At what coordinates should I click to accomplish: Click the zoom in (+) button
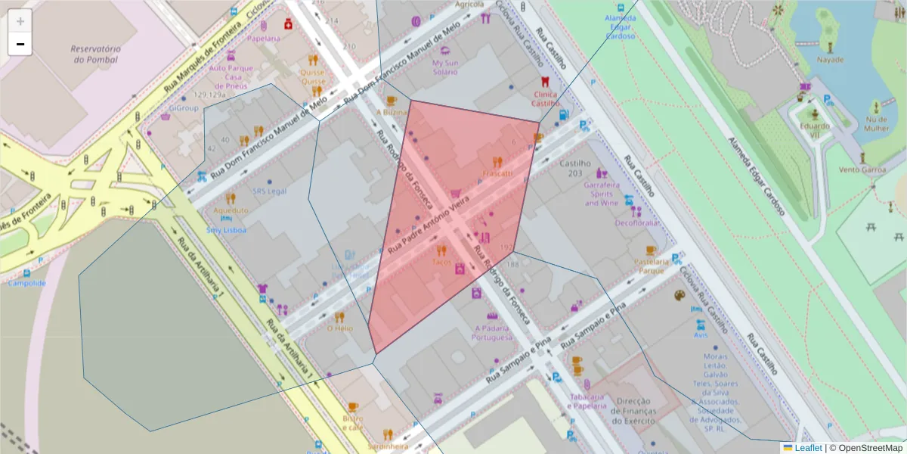(x=20, y=21)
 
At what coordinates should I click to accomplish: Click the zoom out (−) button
(x=20, y=44)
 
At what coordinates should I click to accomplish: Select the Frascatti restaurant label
(x=497, y=173)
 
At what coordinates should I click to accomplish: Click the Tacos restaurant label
(x=441, y=262)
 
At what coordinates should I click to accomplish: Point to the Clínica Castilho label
(x=544, y=98)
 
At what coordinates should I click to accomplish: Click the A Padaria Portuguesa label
(x=494, y=332)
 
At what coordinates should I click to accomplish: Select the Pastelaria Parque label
(x=651, y=266)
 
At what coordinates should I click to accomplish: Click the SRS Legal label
(x=270, y=191)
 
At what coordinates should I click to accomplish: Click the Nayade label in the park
(x=830, y=59)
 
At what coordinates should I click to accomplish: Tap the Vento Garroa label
(x=862, y=170)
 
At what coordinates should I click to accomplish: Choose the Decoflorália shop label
(x=636, y=223)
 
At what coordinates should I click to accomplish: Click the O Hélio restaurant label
(x=339, y=328)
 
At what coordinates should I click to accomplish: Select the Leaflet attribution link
(x=807, y=448)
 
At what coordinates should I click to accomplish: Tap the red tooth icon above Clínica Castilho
(x=542, y=82)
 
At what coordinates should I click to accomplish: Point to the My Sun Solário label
(x=444, y=67)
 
